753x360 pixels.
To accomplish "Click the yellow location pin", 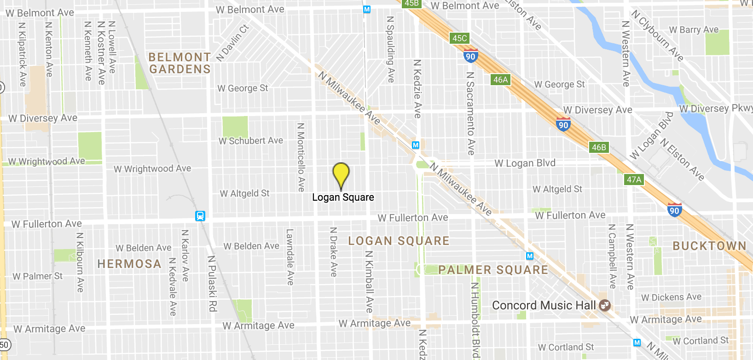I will click(341, 175).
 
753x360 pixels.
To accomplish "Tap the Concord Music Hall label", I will click(544, 306).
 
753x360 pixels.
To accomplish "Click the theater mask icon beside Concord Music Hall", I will click(605, 305).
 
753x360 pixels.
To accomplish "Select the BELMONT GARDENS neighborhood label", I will click(180, 63).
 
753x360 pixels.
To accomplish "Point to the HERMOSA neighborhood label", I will click(129, 264).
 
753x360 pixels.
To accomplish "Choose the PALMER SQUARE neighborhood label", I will click(493, 270).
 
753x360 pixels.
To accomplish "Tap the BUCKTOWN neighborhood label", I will click(709, 246).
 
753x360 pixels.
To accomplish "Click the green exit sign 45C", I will click(459, 38).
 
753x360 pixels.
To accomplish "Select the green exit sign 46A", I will click(500, 80).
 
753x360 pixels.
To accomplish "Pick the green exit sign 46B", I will click(599, 147).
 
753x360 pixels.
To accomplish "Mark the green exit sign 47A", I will click(634, 180).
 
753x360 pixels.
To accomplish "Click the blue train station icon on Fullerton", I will click(200, 216).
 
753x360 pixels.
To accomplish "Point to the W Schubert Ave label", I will click(251, 141).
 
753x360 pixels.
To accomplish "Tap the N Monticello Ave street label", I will click(301, 157).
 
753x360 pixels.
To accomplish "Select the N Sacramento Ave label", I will click(470, 113).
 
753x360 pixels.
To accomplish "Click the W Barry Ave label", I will click(694, 30).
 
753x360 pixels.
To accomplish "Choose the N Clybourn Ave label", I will click(657, 36).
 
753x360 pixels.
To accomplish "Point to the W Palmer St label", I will click(38, 276).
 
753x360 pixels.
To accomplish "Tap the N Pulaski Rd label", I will click(212, 284).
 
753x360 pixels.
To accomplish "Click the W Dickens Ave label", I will click(671, 297).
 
